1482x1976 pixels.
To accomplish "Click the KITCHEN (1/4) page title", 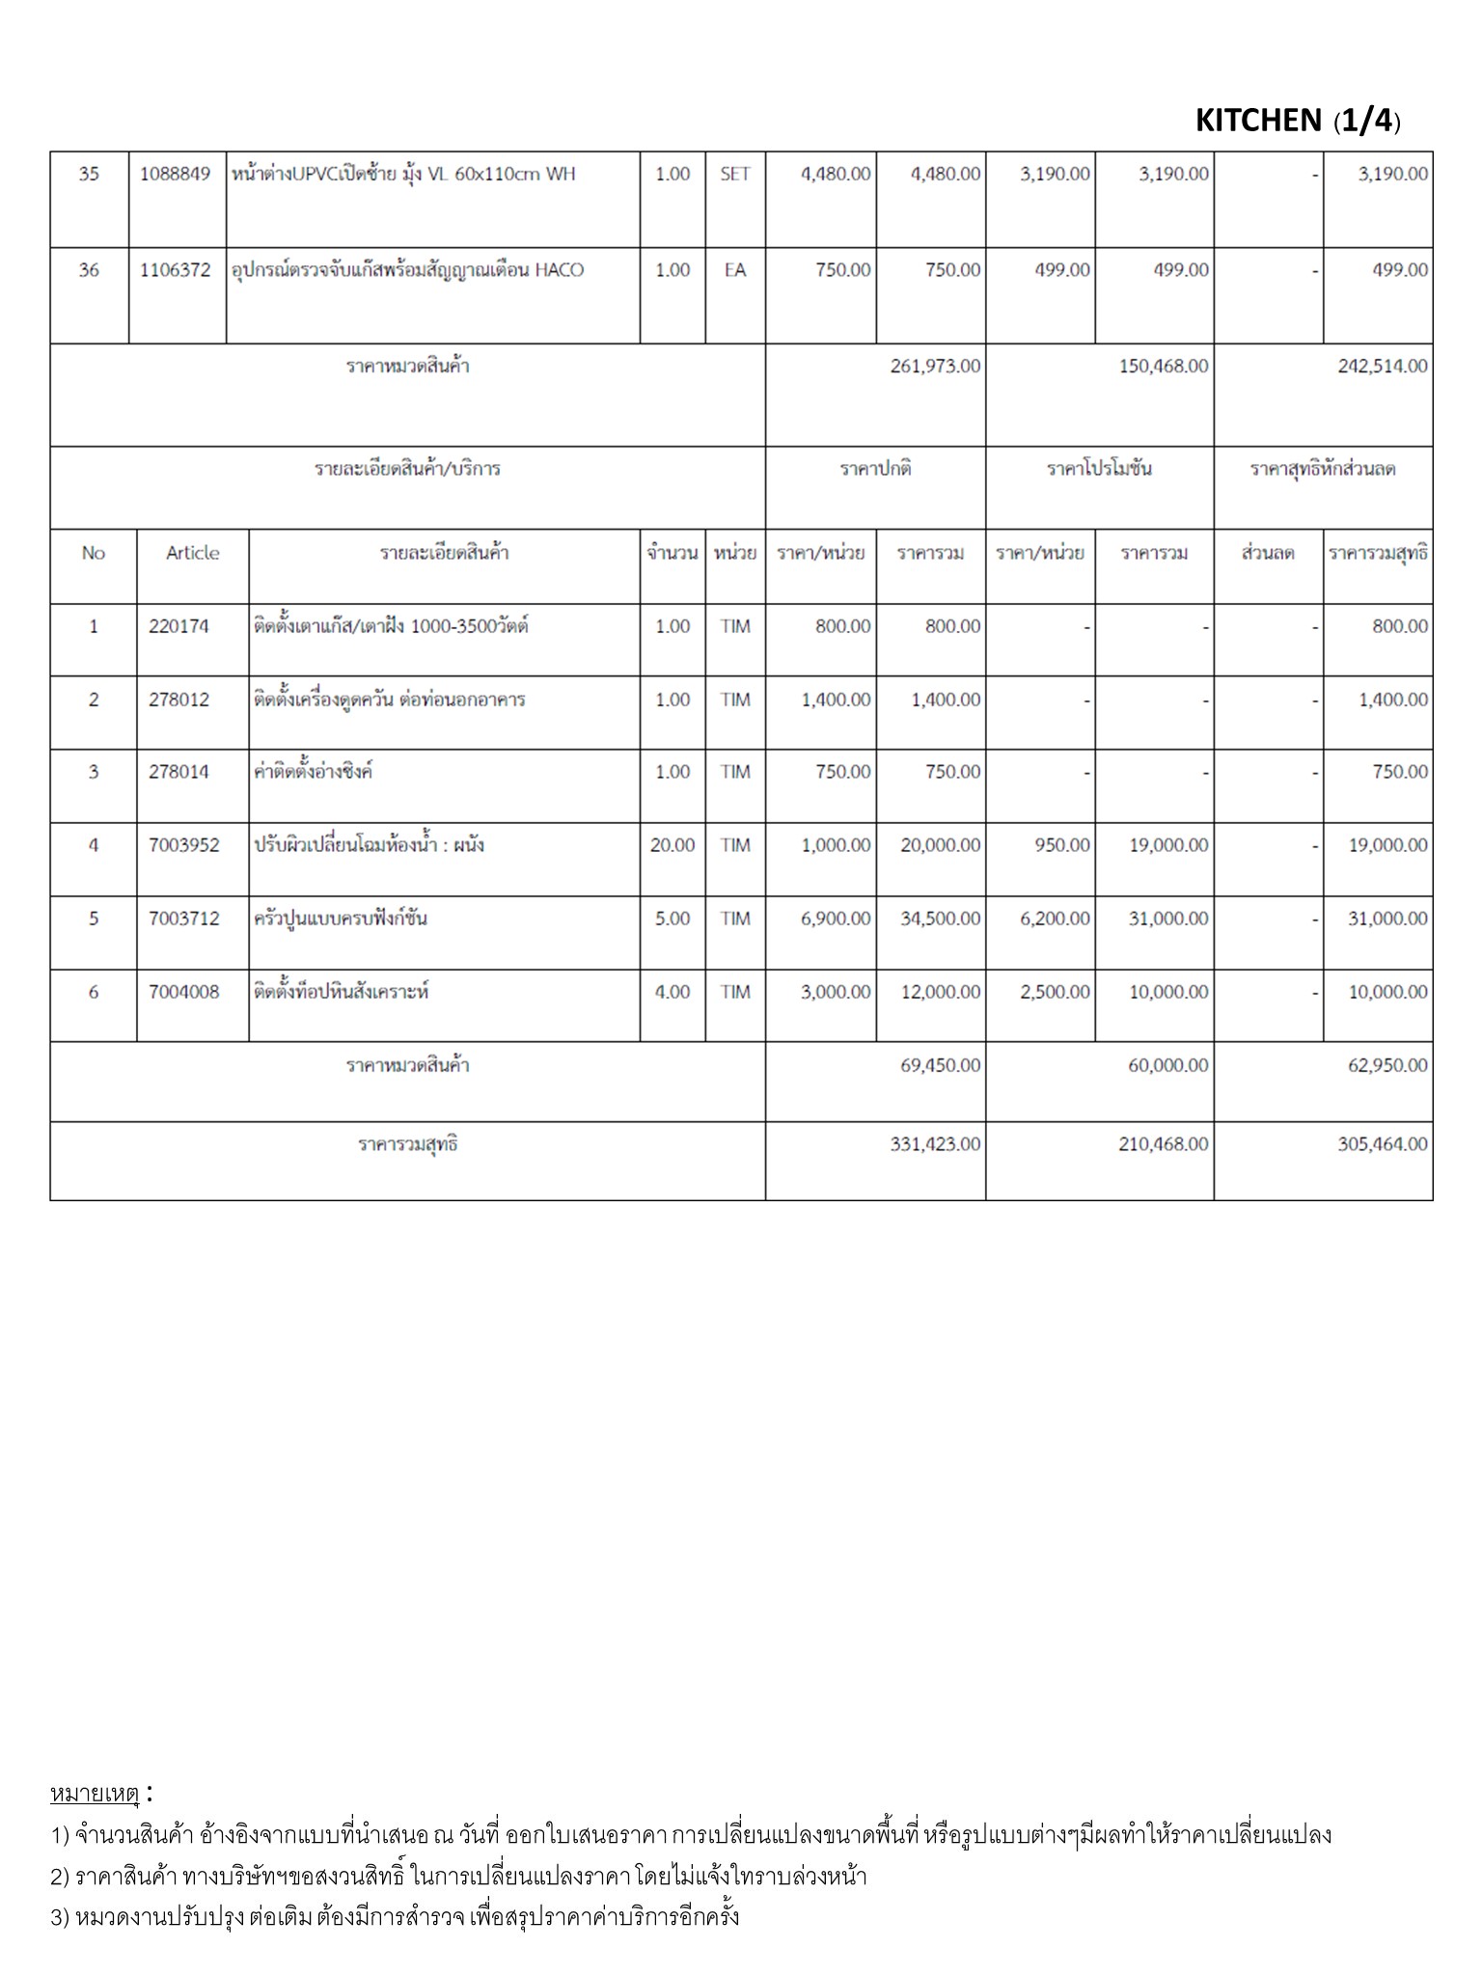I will (1297, 121).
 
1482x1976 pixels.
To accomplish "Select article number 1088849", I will (175, 174).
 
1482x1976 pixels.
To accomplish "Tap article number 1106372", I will (175, 270).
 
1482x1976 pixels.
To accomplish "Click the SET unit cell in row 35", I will (734, 174).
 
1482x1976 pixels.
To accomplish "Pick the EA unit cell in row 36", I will (734, 270).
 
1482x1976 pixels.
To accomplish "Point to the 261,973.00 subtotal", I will (934, 367).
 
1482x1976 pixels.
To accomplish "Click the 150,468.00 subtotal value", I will (1163, 367).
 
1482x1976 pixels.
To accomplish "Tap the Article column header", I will (192, 553).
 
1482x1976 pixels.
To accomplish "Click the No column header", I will (93, 553).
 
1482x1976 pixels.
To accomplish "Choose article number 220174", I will (178, 626).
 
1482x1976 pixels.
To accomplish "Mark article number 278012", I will (178, 700).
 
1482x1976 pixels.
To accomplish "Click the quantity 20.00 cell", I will (672, 845).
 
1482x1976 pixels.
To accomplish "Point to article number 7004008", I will (183, 992).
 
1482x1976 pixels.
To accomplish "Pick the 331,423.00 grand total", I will (934, 1144).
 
